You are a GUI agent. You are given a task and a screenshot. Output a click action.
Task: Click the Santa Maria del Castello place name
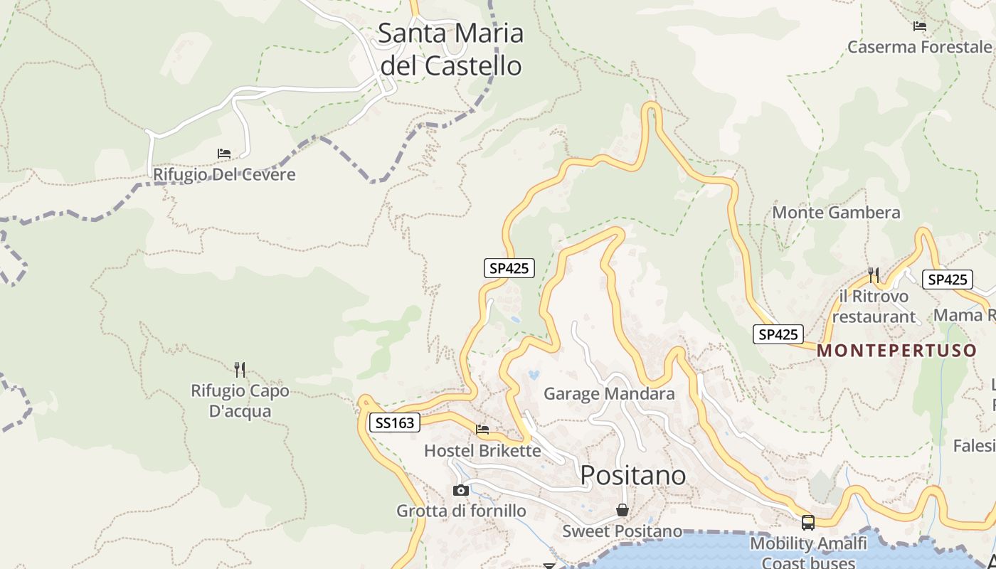point(451,49)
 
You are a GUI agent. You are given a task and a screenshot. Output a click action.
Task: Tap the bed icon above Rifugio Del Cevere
point(224,153)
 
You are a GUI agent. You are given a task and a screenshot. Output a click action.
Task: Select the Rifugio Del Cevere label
point(224,174)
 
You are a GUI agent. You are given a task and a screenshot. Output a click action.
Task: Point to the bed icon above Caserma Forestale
point(920,26)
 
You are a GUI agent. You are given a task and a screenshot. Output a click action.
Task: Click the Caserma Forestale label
point(919,47)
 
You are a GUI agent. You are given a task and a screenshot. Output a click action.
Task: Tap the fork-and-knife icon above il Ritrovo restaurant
point(874,275)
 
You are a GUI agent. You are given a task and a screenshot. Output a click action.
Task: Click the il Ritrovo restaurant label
point(874,307)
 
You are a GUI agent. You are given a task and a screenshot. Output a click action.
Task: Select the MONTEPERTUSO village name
point(896,351)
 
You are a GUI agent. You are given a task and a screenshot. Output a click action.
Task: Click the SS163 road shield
point(394,422)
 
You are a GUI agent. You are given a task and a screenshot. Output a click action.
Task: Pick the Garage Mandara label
point(609,393)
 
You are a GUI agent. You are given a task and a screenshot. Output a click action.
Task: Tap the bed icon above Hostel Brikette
point(482,429)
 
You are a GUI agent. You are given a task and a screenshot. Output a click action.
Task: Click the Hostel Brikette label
point(482,451)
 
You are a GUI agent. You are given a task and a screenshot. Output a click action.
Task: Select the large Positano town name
point(633,475)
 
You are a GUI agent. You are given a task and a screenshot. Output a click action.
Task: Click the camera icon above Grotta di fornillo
point(461,490)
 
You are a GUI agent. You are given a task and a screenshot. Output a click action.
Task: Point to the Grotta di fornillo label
point(461,511)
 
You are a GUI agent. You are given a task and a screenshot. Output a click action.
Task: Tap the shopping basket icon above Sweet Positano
point(622,510)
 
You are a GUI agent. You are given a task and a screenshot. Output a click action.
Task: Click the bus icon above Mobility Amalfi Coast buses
point(808,523)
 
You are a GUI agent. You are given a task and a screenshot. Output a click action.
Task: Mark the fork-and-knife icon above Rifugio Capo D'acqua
point(240,369)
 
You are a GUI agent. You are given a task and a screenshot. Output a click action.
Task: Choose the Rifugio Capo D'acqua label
point(240,401)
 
